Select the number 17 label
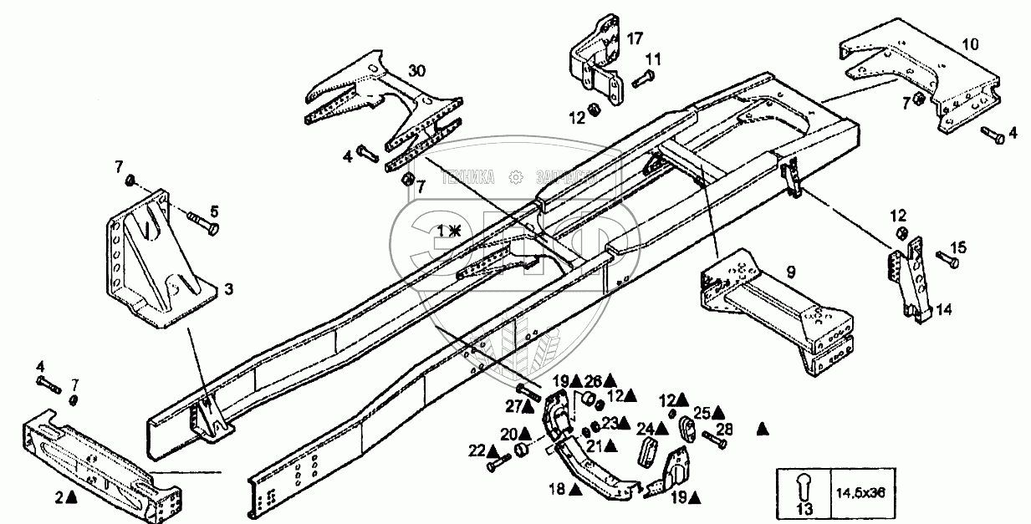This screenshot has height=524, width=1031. point(635,38)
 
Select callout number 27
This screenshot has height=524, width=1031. point(513,407)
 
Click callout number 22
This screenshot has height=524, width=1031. point(476,451)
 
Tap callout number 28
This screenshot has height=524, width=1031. point(724,430)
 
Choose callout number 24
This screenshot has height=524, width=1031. point(646,430)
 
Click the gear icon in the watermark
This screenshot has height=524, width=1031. point(516,176)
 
